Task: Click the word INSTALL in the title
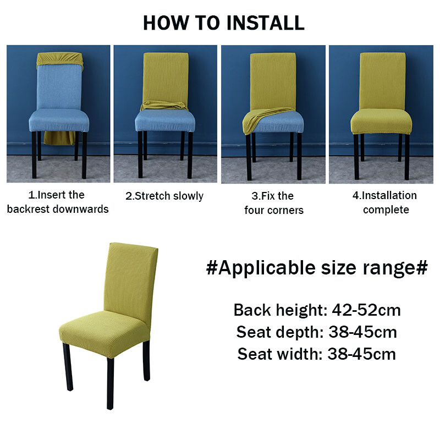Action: point(265,23)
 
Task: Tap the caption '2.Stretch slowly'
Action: point(164,196)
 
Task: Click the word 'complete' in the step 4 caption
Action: point(386,210)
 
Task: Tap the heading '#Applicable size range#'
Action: point(317,268)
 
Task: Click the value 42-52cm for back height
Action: point(366,310)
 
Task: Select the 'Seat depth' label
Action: point(278,332)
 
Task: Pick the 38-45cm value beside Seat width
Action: point(362,354)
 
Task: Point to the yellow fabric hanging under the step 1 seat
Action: point(59,138)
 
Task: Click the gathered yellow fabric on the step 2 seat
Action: point(164,106)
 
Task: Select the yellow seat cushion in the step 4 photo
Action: point(381,122)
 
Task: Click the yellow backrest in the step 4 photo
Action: point(382,81)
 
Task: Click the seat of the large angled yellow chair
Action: point(105,333)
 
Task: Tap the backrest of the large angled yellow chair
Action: point(131,281)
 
